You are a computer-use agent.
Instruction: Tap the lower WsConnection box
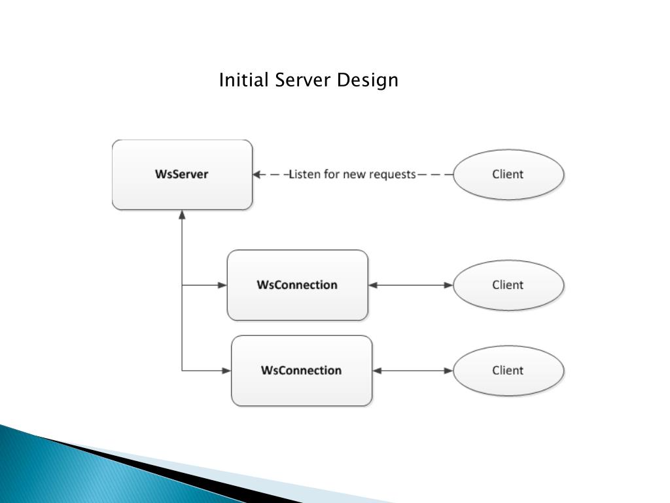click(x=302, y=388)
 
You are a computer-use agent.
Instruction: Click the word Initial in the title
click(x=244, y=81)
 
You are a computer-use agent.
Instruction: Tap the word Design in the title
click(x=368, y=81)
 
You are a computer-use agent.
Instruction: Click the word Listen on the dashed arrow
click(x=305, y=174)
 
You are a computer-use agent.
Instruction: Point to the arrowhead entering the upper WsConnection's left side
click(x=222, y=285)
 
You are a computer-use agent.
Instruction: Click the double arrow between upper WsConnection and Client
click(x=411, y=285)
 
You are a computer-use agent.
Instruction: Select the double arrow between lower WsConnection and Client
click(x=413, y=371)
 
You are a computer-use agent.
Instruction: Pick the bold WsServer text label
click(x=182, y=174)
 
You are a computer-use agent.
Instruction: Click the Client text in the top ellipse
click(x=508, y=174)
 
